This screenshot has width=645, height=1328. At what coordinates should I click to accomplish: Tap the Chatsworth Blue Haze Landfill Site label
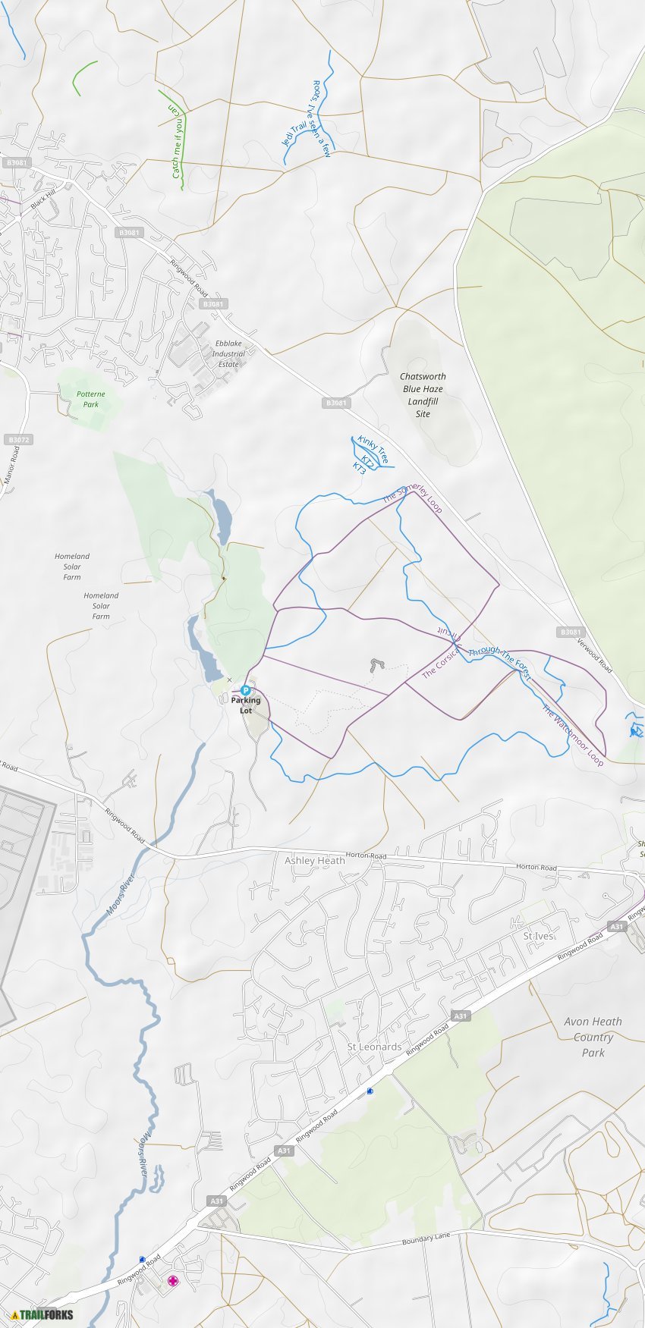coord(423,395)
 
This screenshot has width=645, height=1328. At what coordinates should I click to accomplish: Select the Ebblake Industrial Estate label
coord(228,353)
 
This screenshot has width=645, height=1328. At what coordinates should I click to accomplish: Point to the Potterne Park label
coord(91,399)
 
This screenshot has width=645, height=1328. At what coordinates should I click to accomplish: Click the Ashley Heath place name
coord(314,861)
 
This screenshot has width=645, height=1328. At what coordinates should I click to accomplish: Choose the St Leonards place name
coord(374,1047)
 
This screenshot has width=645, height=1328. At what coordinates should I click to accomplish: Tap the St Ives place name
coord(538,937)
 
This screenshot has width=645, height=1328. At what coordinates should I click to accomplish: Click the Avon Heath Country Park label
coord(593,1037)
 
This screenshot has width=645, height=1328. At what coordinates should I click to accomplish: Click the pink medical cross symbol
coord(173,1281)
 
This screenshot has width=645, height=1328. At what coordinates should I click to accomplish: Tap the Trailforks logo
coord(42,1314)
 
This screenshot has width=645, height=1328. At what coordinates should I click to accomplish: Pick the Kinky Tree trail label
coord(373,450)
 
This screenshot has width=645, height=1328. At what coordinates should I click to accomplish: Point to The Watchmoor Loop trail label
coord(573,735)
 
